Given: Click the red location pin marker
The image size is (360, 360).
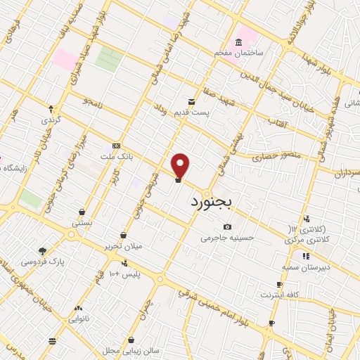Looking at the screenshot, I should (181, 165).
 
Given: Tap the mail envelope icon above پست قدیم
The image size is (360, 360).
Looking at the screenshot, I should (191, 101).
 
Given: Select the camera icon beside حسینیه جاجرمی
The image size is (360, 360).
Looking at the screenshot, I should (227, 226).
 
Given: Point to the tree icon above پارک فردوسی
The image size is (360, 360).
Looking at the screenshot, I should (43, 250).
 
